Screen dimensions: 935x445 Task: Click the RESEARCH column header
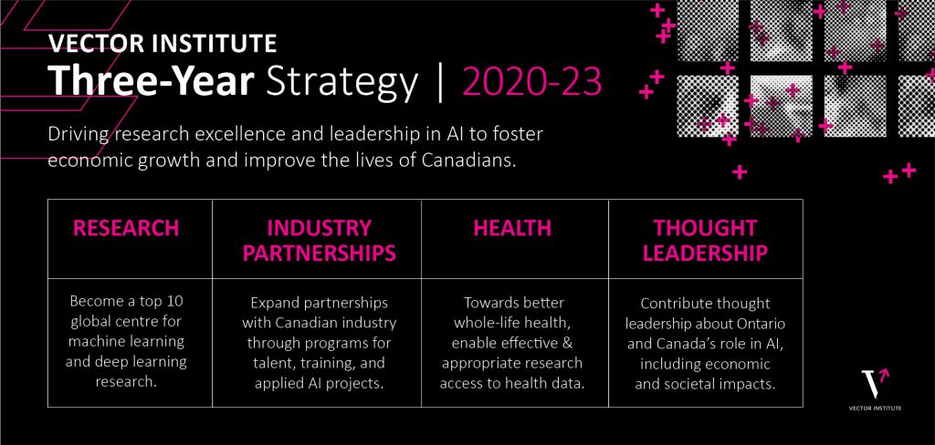pyautogui.click(x=126, y=228)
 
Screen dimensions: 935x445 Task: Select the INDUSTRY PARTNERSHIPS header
pyautogui.click(x=319, y=240)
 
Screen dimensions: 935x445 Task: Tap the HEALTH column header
pyautogui.click(x=512, y=228)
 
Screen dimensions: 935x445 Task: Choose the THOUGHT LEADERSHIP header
pyautogui.click(x=705, y=240)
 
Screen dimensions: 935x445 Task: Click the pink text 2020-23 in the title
pyautogui.click(x=532, y=83)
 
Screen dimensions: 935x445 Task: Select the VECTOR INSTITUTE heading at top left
pyautogui.click(x=163, y=43)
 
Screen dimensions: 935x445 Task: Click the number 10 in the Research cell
pyautogui.click(x=169, y=301)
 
